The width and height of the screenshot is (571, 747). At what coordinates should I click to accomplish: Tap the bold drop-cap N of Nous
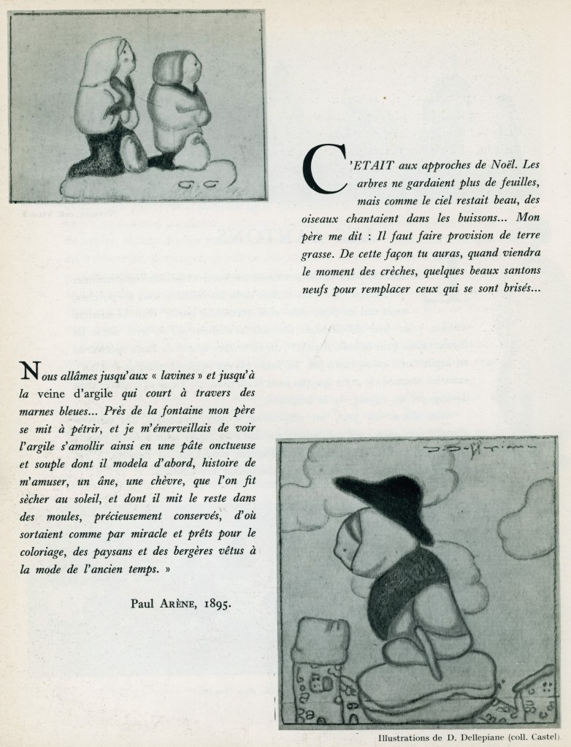29,372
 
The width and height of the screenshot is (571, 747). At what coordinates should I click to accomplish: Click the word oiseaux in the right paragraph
322,218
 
